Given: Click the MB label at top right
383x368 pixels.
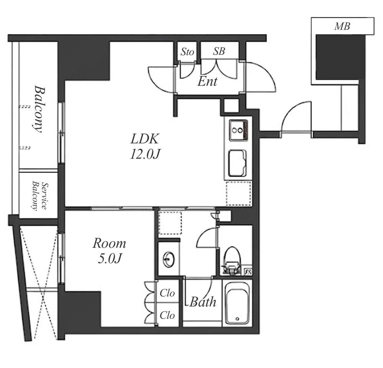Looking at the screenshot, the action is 342,26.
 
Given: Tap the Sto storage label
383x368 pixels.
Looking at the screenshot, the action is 187,51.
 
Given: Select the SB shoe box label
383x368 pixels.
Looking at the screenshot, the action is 219,51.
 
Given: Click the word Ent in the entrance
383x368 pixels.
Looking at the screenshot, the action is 207,81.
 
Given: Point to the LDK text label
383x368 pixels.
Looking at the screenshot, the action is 145,139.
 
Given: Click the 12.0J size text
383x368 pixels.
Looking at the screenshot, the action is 145,154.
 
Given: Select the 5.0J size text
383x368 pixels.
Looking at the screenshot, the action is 110,259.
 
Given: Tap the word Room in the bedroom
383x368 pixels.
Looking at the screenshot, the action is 109,244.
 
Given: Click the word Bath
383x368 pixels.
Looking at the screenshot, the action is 203,302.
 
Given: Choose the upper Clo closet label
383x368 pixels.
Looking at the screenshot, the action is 167,293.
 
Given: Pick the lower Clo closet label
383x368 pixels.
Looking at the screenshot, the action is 167,315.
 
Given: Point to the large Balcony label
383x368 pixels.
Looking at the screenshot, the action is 40,109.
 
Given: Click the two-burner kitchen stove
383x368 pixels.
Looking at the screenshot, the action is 238,130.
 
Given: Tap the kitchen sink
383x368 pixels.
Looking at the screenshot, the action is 238,163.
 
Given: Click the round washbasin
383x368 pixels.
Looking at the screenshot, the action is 169,259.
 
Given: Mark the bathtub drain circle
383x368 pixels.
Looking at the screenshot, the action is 238,318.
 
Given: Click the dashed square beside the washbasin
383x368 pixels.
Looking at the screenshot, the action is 170,223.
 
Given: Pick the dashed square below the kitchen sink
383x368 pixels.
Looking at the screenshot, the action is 239,194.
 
